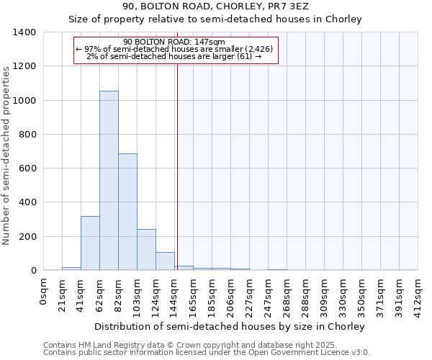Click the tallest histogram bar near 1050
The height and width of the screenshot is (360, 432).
(x=109, y=180)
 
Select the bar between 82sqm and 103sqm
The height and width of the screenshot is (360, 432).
(x=127, y=212)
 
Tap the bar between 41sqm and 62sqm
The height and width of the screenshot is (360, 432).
(x=90, y=243)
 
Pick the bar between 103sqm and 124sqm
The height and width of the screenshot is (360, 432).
(x=146, y=249)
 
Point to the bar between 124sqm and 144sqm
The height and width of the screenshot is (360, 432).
(x=165, y=261)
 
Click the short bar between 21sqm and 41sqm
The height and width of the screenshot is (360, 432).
(x=71, y=268)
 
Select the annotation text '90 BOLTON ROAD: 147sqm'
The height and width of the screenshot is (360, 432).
(x=174, y=42)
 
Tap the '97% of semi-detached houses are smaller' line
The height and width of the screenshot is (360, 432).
(x=174, y=49)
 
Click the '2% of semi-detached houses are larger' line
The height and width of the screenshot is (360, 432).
(x=174, y=56)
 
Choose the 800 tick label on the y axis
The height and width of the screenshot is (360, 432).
(x=27, y=135)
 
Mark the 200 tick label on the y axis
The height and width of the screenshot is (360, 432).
(x=27, y=237)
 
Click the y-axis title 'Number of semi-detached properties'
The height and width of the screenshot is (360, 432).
(x=7, y=155)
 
